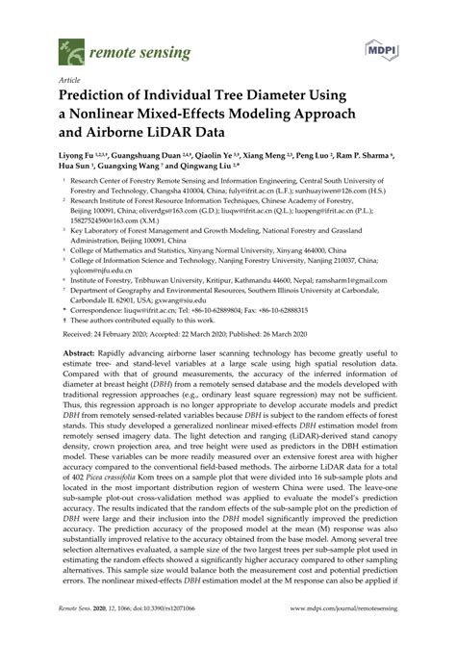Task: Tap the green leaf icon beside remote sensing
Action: pyautogui.click(x=69, y=47)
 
